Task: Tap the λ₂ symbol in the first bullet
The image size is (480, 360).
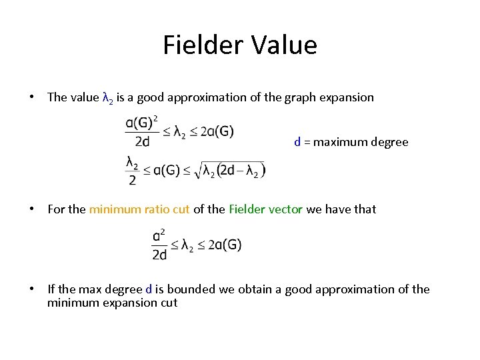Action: click(x=108, y=98)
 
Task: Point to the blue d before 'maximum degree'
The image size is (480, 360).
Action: click(x=297, y=142)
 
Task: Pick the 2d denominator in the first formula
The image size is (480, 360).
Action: click(x=141, y=141)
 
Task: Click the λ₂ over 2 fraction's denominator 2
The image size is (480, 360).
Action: click(x=131, y=181)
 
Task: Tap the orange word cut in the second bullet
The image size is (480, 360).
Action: click(x=181, y=209)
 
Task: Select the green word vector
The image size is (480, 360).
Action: click(x=285, y=209)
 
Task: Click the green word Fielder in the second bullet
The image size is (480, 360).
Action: click(x=247, y=209)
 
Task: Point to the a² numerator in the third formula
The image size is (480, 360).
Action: click(x=159, y=235)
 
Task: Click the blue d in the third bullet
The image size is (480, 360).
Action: click(x=149, y=289)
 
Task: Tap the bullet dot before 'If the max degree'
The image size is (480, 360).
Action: click(x=31, y=289)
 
